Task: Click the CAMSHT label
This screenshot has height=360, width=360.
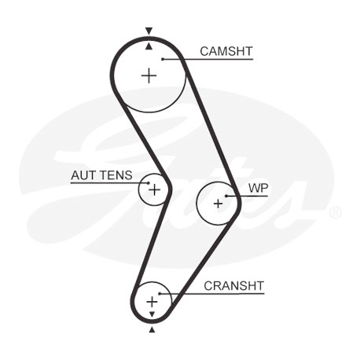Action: pos(226,51)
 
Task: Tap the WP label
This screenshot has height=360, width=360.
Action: pos(258,188)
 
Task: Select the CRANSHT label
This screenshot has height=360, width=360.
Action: pos(233,286)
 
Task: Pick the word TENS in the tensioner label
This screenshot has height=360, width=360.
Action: pos(116,175)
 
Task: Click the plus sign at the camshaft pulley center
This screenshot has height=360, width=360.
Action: pos(149,76)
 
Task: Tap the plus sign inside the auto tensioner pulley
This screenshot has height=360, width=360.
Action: pos(154,189)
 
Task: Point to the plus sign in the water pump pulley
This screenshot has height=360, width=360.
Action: pos(218,204)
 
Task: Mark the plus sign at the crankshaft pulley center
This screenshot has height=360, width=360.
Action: pos(152,302)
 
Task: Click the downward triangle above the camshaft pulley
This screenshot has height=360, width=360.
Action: pos(149,31)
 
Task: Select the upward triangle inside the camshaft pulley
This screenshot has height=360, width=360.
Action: pos(149,46)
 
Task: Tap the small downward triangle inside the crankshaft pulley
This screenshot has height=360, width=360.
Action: pos(152,314)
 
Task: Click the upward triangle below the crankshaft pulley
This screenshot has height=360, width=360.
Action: pos(152,329)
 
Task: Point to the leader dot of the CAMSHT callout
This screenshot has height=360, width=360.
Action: pos(163,59)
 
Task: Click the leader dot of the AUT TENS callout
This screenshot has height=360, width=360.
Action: pos(149,183)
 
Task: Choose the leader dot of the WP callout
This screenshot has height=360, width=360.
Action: pos(226,196)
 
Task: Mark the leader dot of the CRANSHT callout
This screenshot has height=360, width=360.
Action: pos(160,293)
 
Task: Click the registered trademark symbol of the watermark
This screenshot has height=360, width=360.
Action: pos(335,212)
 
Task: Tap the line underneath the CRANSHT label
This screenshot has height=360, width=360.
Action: pos(211,293)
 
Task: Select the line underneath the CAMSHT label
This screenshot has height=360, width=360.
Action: pos(208,59)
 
